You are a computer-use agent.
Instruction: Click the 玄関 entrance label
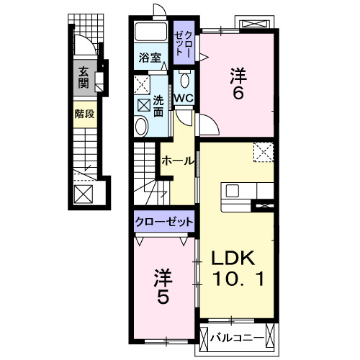coord(84,77)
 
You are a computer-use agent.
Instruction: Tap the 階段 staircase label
coord(84,114)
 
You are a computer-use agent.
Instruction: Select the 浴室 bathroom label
coord(150,58)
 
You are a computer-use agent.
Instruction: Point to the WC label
coord(182,98)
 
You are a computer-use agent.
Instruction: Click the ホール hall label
coord(178,161)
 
